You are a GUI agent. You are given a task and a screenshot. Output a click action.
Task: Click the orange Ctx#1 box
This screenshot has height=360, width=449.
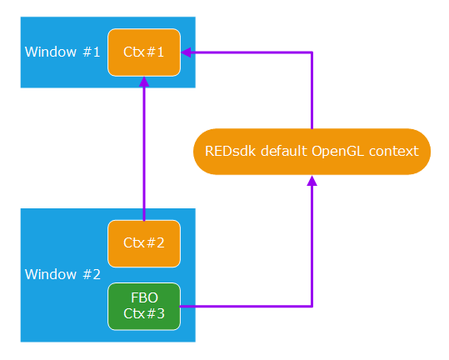click(x=144, y=52)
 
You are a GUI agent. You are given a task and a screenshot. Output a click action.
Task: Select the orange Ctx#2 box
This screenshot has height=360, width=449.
click(x=144, y=243)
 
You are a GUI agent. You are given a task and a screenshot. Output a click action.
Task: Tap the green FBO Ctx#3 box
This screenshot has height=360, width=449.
click(x=144, y=306)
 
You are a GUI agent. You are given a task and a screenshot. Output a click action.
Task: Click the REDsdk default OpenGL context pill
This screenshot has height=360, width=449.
click(x=312, y=152)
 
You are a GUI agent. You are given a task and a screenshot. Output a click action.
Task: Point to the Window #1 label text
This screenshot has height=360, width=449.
click(x=62, y=52)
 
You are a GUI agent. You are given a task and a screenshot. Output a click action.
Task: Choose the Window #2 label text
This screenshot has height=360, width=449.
click(x=62, y=274)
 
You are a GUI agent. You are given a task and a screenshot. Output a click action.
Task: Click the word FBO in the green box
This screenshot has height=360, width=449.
click(x=144, y=297)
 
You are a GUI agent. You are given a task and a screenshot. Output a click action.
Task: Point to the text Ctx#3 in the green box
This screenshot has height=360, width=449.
click(x=144, y=313)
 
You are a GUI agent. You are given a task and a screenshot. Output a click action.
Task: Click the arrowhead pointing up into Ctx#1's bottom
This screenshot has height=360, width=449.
click(x=144, y=82)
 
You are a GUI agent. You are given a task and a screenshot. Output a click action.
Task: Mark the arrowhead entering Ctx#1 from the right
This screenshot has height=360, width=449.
click(x=187, y=52)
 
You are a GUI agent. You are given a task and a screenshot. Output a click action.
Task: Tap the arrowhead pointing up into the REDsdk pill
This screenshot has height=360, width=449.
click(x=312, y=181)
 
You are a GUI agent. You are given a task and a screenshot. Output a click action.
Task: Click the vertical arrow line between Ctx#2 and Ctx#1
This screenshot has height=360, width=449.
click(x=144, y=150)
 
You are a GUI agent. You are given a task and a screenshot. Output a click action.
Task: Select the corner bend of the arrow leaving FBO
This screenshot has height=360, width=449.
click(x=312, y=306)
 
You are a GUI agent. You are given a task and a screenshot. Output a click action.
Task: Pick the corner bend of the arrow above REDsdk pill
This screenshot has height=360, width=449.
click(x=312, y=52)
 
